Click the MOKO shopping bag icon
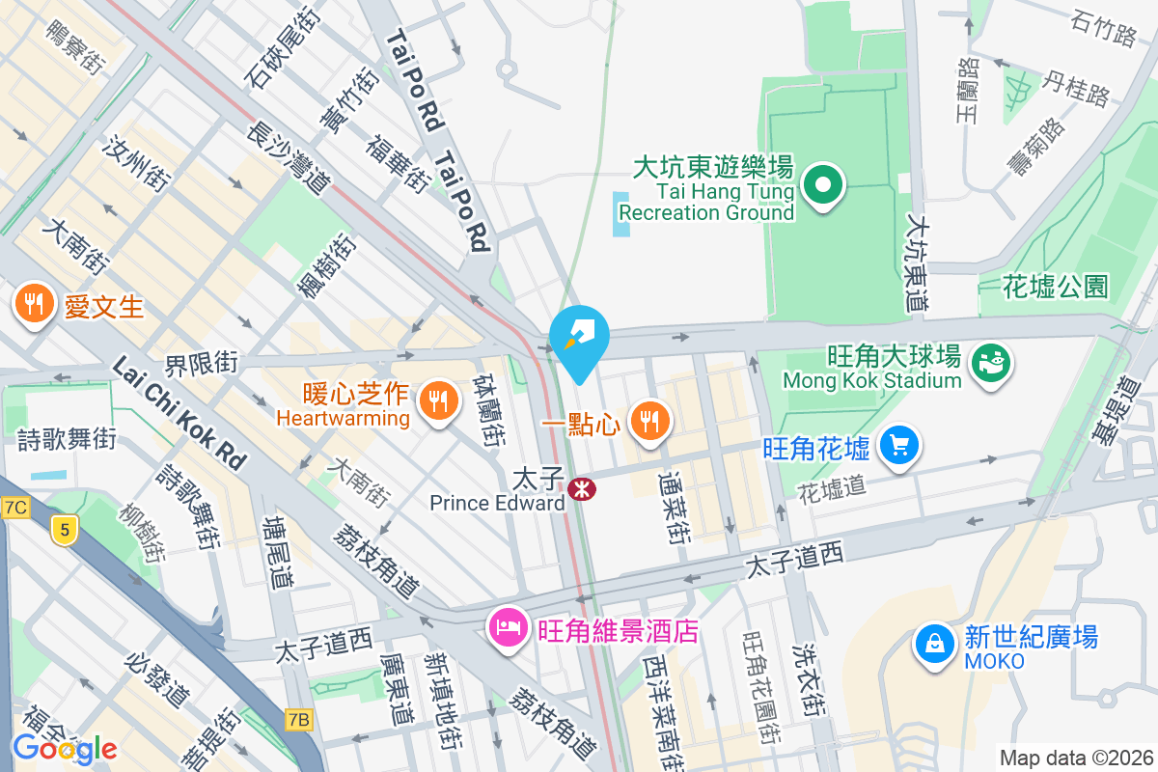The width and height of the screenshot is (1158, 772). pyautogui.click(x=934, y=645)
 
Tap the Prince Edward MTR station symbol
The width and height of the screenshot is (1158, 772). pyautogui.click(x=581, y=489)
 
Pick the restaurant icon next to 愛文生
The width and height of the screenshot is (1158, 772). pyautogui.click(x=35, y=305)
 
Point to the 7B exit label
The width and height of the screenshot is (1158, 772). pyautogui.click(x=300, y=719)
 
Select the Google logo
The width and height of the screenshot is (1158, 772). pyautogui.click(x=64, y=749)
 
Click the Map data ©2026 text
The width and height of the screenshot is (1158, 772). pyautogui.click(x=1075, y=758)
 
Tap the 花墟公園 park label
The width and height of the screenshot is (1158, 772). pyautogui.click(x=1055, y=286)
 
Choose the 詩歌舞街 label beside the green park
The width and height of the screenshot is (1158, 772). pyautogui.click(x=68, y=439)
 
